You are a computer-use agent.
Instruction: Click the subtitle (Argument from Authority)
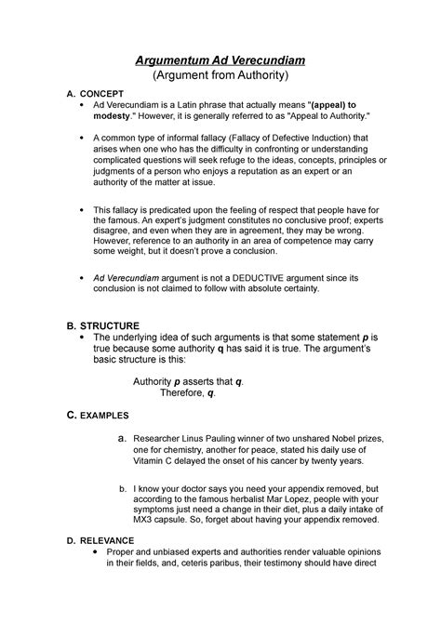coord(220,77)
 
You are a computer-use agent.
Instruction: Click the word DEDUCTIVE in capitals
coord(269,277)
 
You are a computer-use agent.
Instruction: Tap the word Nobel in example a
coord(353,436)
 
